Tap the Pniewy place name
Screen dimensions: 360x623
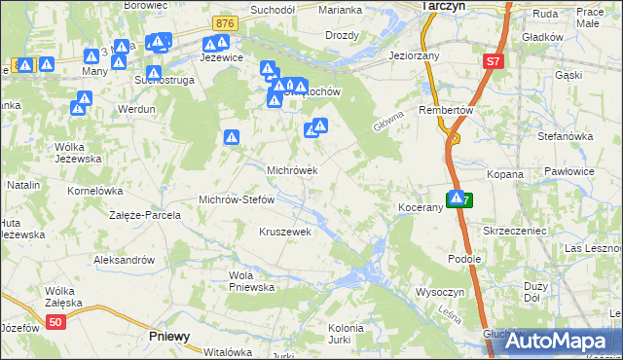coord(170,336)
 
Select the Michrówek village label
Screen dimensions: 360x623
coord(292,169)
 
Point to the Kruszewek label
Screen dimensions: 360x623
coord(284,232)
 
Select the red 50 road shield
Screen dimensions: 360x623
coord(56,322)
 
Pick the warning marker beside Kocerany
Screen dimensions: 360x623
coord(456,198)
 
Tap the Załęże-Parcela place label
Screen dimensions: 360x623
coord(145,214)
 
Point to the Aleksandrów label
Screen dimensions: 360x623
coord(124,260)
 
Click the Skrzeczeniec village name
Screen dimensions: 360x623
coord(512,231)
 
